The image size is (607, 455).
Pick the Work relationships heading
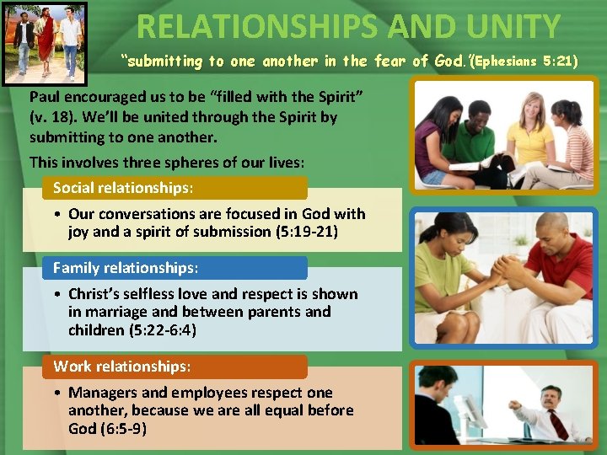click(122, 367)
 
